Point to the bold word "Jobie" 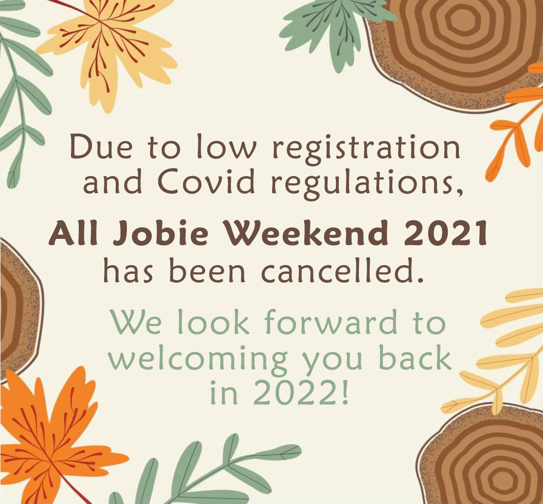[x=161, y=234]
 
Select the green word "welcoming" [x=198, y=360]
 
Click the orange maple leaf [x=52, y=440]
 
